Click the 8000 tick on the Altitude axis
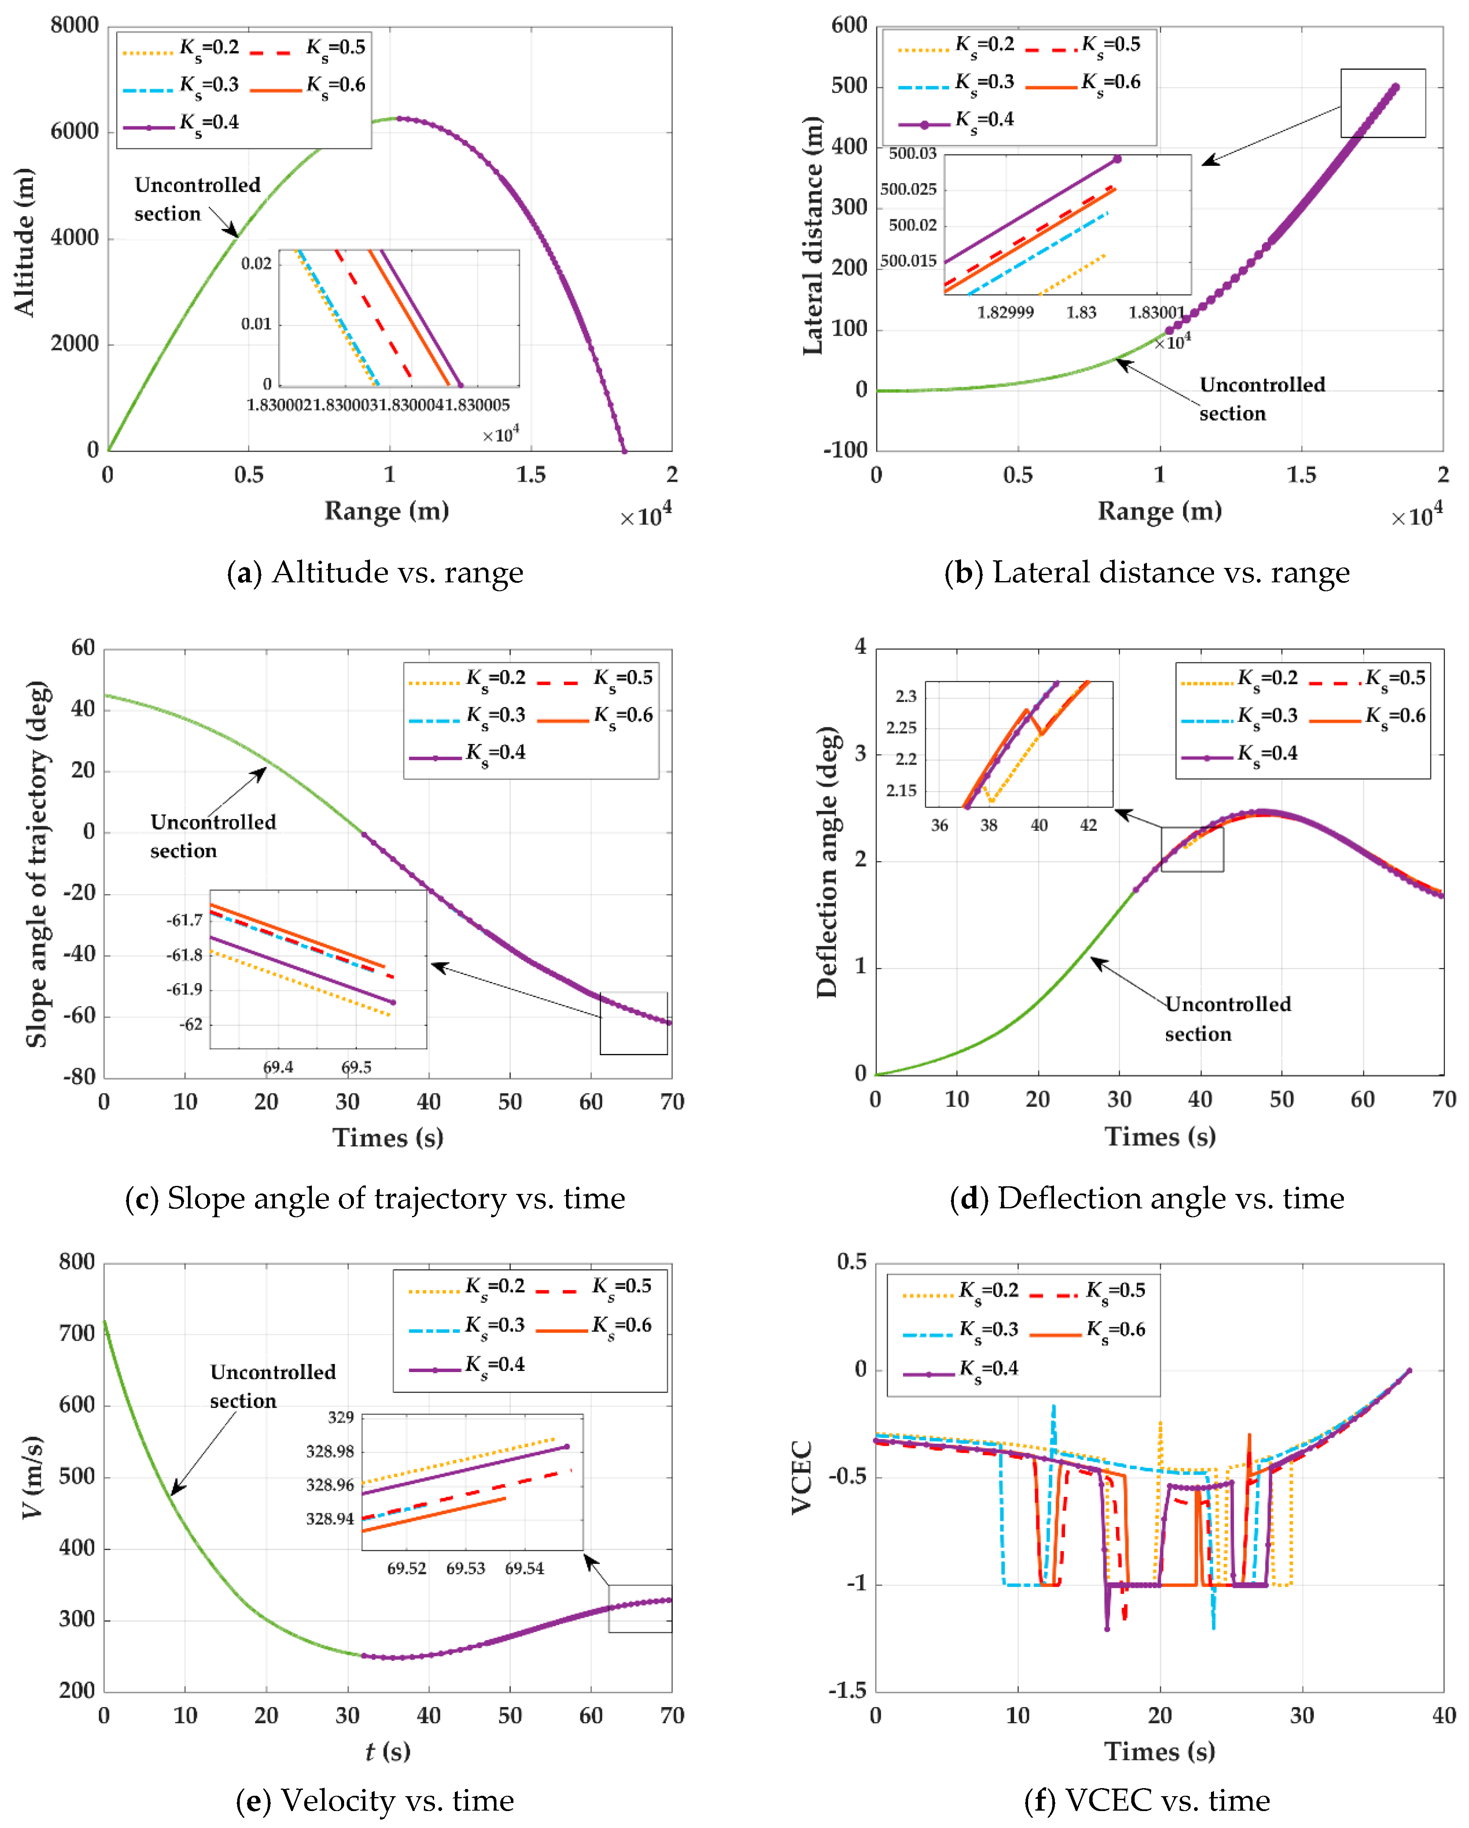point(75,25)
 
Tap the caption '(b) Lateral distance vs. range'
point(1147,573)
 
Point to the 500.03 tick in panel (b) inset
point(913,154)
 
